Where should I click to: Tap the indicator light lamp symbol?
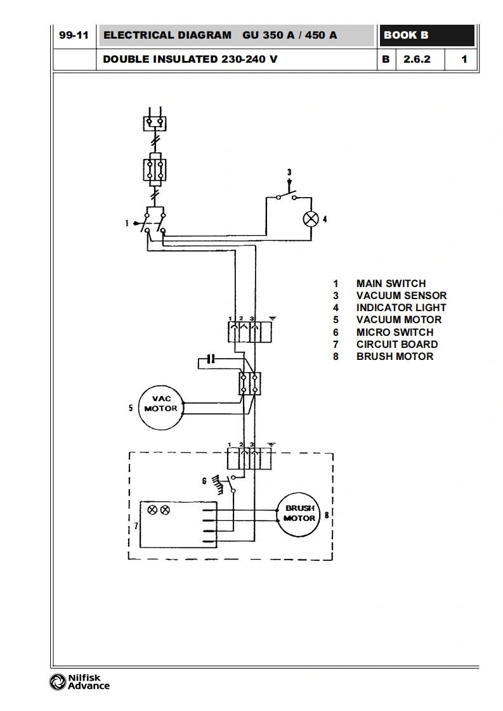311,219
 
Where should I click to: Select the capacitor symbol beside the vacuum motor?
210,359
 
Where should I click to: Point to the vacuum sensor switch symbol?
286,196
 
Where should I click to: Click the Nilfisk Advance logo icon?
58,682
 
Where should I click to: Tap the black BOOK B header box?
427,35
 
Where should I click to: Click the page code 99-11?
74,35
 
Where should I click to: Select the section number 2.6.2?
417,60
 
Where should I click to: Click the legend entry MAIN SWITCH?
391,283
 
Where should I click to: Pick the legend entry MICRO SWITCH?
395,333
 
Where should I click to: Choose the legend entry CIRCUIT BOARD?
397,345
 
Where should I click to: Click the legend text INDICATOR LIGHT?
401,307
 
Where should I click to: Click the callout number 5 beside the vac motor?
131,408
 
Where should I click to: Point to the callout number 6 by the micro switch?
204,481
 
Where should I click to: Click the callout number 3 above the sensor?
289,172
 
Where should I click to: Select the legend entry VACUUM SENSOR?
402,296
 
